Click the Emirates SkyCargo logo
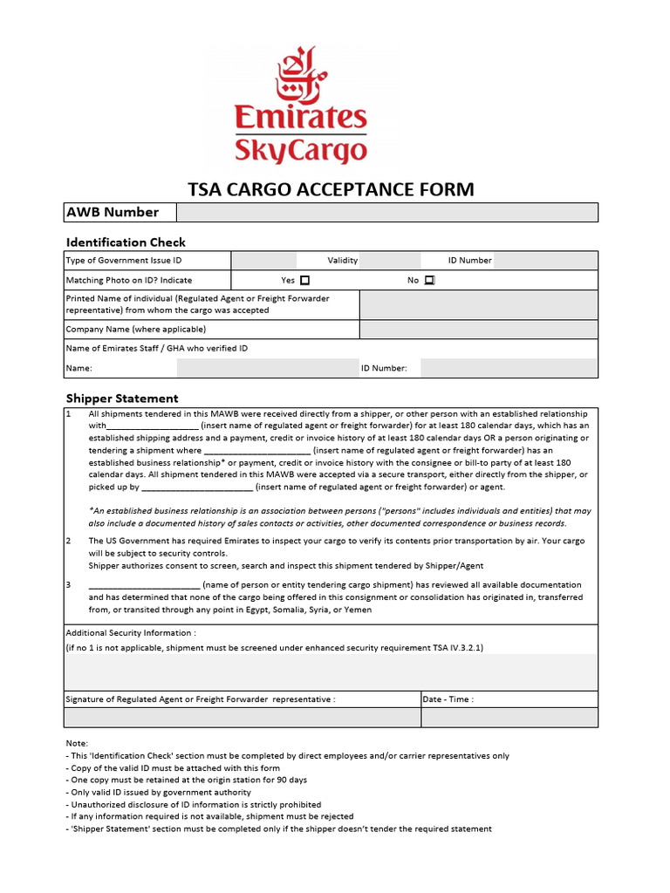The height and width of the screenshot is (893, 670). [x=301, y=106]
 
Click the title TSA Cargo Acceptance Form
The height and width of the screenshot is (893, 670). [x=332, y=189]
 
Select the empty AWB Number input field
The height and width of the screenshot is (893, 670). [x=387, y=213]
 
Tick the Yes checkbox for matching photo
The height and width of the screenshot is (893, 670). [x=304, y=281]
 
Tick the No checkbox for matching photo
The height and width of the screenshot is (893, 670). [x=428, y=281]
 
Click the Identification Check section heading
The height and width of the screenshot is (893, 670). [x=126, y=242]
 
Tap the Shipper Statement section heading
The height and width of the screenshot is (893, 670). [x=122, y=398]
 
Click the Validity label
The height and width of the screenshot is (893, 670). [x=343, y=261]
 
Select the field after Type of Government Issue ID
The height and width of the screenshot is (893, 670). [x=264, y=261]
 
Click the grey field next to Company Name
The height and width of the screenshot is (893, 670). [x=479, y=330]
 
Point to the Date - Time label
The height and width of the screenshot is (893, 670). [x=448, y=699]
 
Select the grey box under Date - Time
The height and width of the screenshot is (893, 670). [x=509, y=718]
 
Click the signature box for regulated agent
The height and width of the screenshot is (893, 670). [x=243, y=718]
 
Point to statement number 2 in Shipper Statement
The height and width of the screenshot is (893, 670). [x=69, y=541]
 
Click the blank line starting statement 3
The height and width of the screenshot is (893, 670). [x=144, y=585]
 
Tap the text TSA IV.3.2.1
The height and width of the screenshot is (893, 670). [x=455, y=648]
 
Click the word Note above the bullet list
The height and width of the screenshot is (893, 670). [x=77, y=743]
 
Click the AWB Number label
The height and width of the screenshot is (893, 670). [x=113, y=213]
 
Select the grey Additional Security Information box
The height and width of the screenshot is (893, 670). [x=331, y=671]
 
